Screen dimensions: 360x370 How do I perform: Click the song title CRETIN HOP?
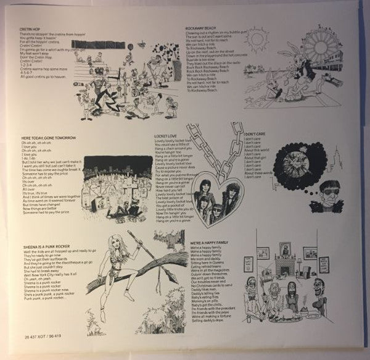coord(31,28)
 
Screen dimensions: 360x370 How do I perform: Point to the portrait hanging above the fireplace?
coord(284,248)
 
